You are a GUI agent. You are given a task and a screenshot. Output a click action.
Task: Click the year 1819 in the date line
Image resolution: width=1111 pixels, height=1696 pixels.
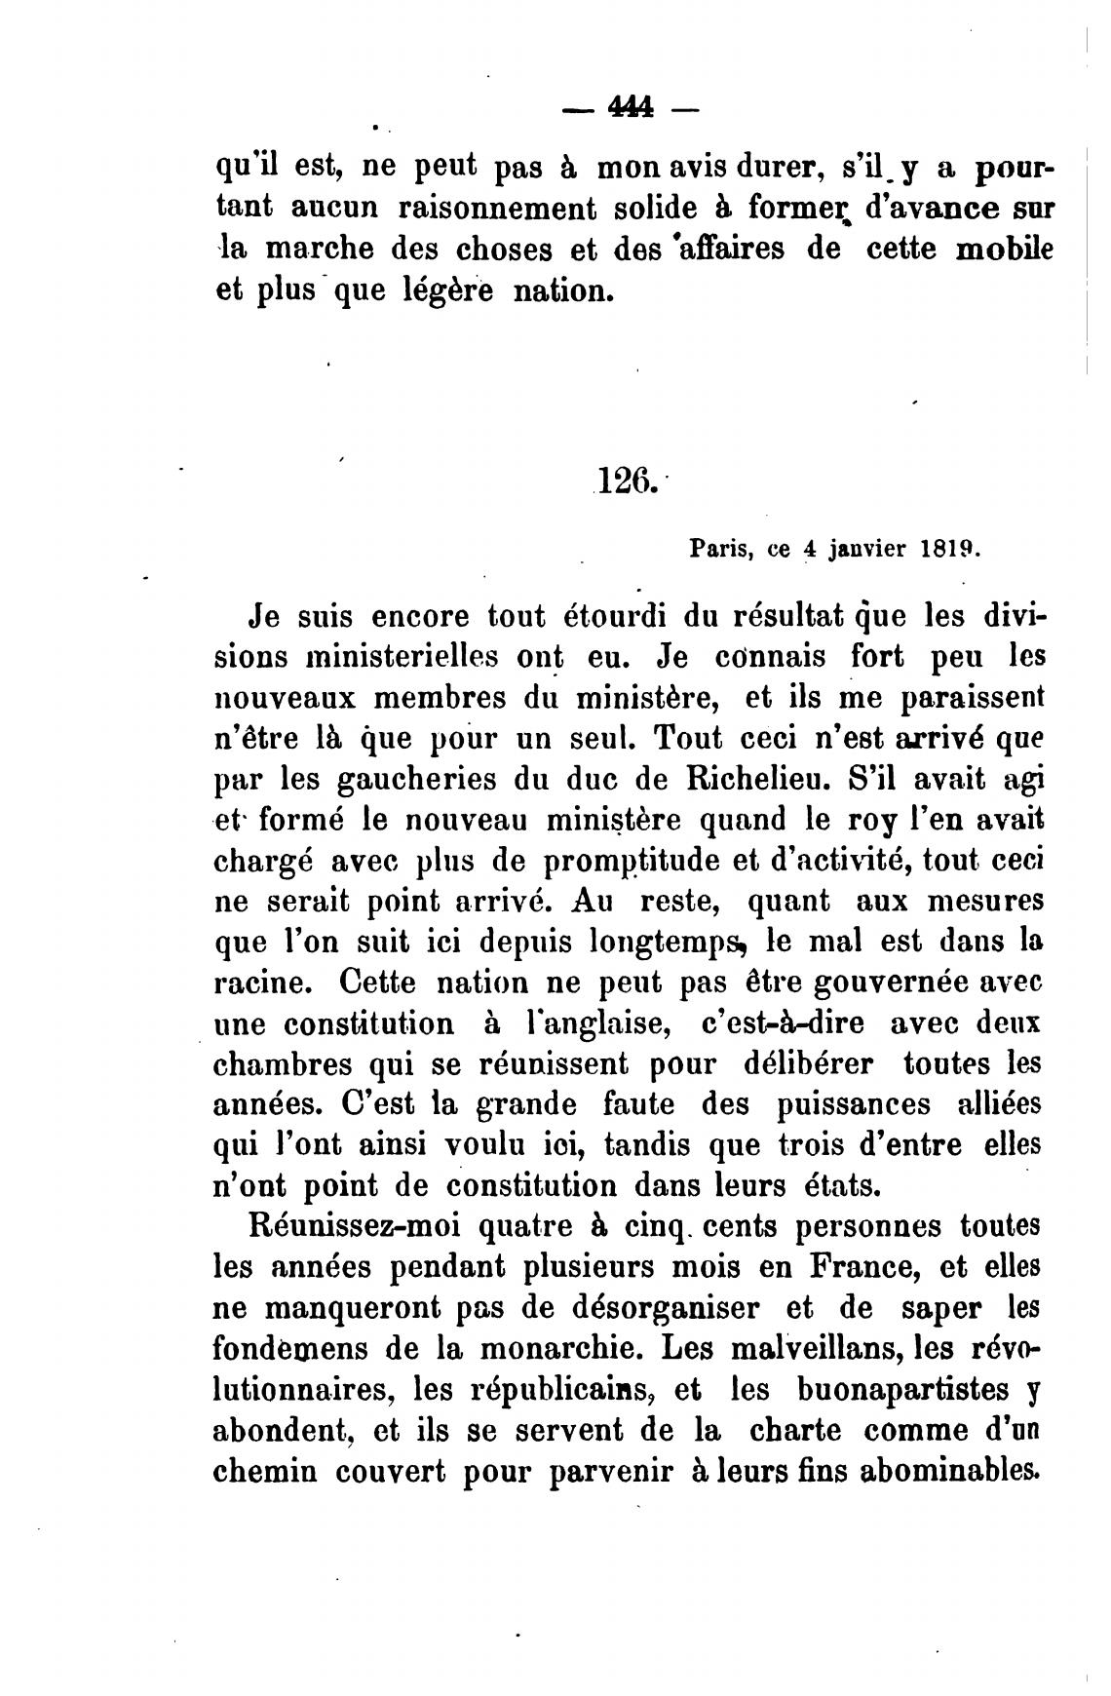coord(948,549)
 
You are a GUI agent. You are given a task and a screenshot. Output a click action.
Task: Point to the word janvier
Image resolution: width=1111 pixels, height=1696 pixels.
coord(866,550)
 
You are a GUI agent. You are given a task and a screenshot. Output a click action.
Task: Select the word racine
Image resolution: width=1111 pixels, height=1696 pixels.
coord(260,983)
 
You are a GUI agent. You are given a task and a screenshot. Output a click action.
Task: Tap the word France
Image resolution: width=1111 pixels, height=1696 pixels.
coord(863,1268)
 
